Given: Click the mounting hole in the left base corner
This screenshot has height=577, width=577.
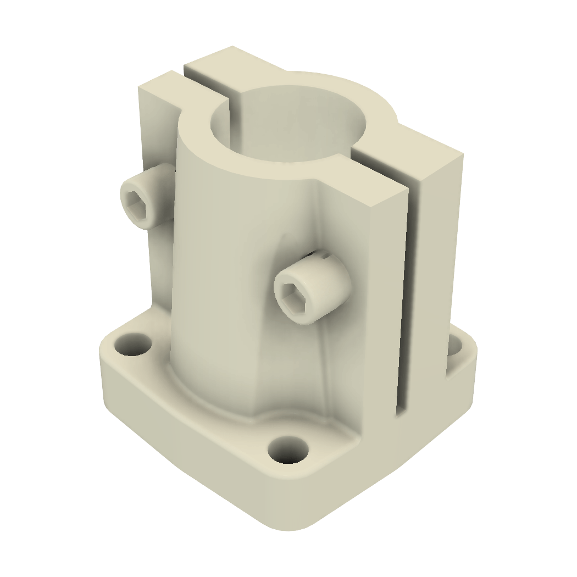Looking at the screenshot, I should click(x=132, y=345).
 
